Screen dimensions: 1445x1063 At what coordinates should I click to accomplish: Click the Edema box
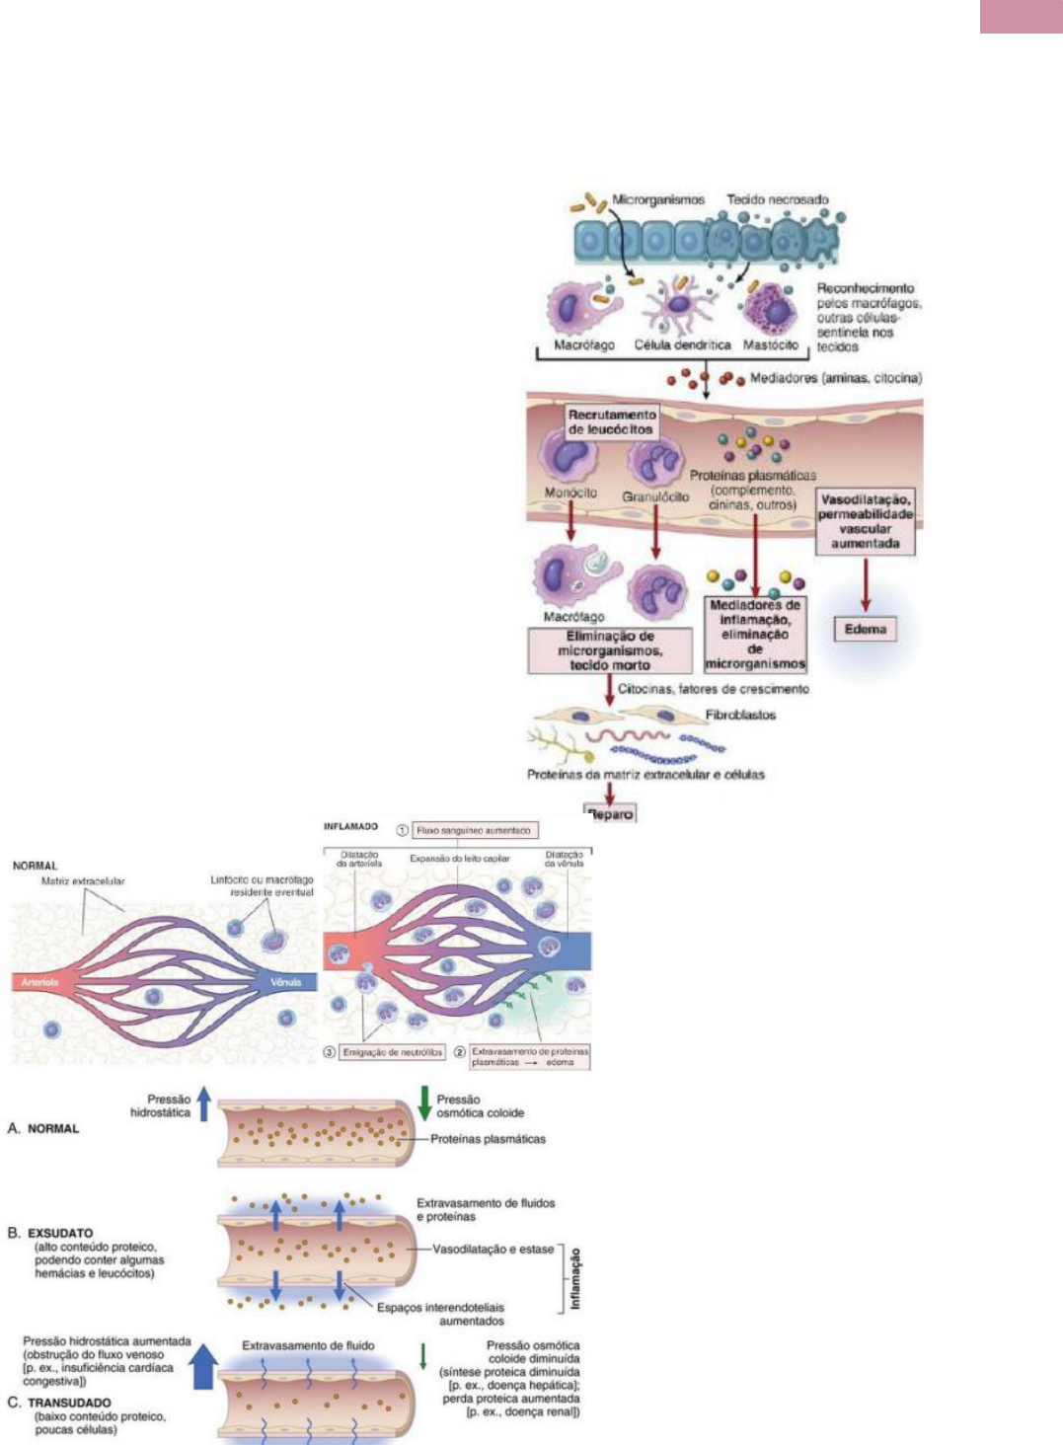(x=866, y=629)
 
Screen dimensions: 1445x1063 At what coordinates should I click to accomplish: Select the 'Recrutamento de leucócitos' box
(x=611, y=421)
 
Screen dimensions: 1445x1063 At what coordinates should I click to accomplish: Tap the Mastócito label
(x=770, y=344)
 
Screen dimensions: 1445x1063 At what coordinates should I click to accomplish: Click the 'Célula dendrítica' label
(x=682, y=344)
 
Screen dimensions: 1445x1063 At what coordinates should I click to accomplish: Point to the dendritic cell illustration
(x=679, y=303)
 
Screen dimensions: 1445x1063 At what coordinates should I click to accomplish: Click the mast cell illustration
(x=771, y=308)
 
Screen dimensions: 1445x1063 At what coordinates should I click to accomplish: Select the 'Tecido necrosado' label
(x=778, y=199)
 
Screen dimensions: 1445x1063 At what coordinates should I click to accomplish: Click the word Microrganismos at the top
(x=658, y=199)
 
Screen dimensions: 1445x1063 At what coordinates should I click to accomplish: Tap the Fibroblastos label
(x=740, y=715)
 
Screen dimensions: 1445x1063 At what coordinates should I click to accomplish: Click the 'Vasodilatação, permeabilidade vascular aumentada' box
(x=865, y=521)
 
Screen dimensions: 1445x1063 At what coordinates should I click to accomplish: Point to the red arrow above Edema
(x=866, y=585)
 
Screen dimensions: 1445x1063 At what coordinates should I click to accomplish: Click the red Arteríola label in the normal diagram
(x=40, y=982)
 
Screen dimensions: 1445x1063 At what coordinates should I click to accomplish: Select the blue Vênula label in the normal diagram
(x=287, y=982)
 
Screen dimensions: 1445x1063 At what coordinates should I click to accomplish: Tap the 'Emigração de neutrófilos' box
(x=392, y=1052)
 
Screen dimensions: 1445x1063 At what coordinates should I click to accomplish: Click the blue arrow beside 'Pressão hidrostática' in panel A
(x=204, y=1103)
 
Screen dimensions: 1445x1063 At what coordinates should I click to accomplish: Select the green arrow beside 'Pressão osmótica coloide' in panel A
(x=424, y=1103)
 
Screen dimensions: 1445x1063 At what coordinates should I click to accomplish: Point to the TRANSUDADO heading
(x=69, y=1403)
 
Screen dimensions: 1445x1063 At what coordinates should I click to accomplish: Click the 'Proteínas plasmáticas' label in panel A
(x=488, y=1139)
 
